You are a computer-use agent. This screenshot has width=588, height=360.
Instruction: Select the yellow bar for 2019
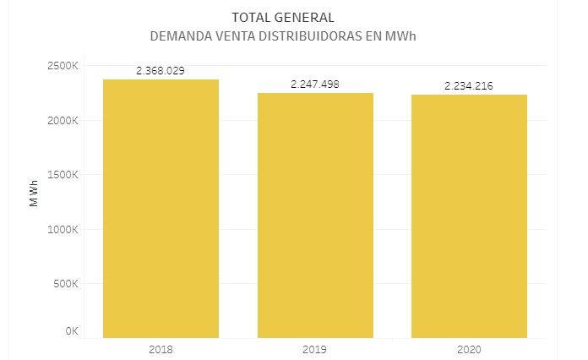[x=315, y=215]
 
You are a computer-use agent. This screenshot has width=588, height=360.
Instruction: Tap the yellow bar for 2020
[x=470, y=215]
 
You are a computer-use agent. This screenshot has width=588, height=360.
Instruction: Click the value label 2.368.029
[x=161, y=71]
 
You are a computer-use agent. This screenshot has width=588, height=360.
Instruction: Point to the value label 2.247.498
[x=315, y=85]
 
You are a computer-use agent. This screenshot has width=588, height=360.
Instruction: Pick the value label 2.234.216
[x=470, y=86]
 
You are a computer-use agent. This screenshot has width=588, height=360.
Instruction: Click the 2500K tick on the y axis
[x=63, y=66]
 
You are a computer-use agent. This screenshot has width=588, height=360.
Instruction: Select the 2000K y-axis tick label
[x=63, y=120]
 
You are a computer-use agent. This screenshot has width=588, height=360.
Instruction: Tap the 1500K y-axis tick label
[x=63, y=175]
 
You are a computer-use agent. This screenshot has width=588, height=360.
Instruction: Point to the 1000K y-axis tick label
[x=63, y=229]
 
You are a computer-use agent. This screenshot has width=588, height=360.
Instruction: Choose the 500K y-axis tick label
[x=65, y=283]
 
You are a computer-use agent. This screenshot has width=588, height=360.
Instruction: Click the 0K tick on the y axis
[x=72, y=331]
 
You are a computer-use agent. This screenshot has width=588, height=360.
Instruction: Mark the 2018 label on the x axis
[x=161, y=348]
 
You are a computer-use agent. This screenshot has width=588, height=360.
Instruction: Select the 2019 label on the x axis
[x=315, y=348]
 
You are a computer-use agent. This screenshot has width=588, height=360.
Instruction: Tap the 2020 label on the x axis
[x=470, y=348]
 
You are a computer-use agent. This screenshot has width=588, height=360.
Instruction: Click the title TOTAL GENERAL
[x=283, y=17]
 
